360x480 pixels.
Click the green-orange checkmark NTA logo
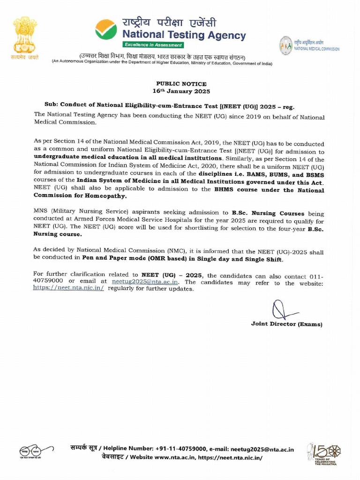tap(106, 30)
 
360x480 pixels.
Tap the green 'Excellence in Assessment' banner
tap(153, 45)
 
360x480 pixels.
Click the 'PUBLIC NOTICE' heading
tap(181, 84)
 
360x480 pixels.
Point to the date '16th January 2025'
tap(181, 91)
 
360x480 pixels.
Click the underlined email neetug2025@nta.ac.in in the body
tap(145, 282)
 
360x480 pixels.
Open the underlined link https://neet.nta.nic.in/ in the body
tap(68, 288)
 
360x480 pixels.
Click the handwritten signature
tap(283, 311)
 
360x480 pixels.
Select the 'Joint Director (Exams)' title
tap(286, 324)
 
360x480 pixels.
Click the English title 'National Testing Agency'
tap(184, 35)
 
